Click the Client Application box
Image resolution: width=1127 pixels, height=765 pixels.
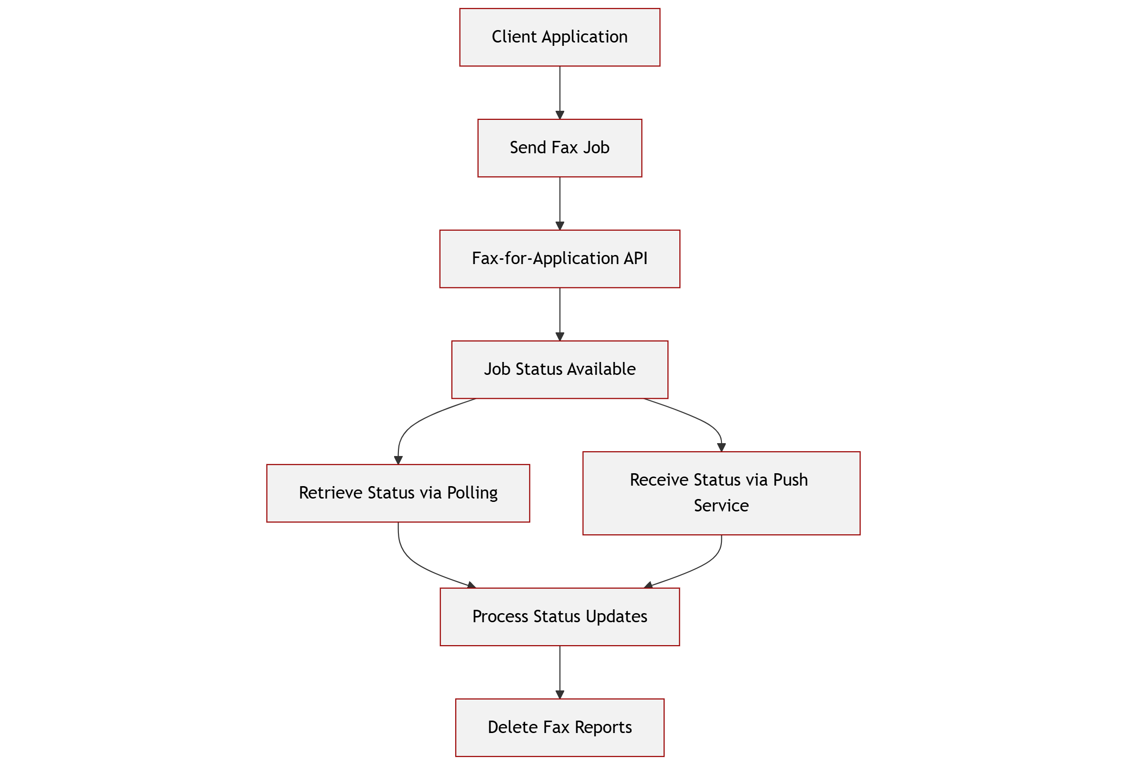click(x=559, y=37)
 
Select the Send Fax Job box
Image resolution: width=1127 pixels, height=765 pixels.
click(x=559, y=148)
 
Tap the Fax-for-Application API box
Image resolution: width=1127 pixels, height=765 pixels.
click(x=559, y=259)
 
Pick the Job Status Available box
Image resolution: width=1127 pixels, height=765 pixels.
click(x=559, y=370)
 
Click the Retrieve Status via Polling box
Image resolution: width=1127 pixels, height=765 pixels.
click(x=397, y=493)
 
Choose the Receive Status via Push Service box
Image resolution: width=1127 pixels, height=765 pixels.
click(x=721, y=493)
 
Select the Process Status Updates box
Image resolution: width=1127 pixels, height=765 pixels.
click(x=559, y=616)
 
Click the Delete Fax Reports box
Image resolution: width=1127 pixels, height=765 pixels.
click(x=559, y=727)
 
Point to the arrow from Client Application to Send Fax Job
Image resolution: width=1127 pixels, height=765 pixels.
click(x=559, y=92)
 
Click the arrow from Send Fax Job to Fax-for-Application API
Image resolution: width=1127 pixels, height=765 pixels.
click(x=559, y=202)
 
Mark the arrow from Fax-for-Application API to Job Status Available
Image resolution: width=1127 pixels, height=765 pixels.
click(x=559, y=314)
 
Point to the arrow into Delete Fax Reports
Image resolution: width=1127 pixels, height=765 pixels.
click(x=559, y=671)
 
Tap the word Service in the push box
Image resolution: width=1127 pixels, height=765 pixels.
click(x=721, y=506)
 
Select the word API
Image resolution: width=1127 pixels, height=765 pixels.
click(x=635, y=259)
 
